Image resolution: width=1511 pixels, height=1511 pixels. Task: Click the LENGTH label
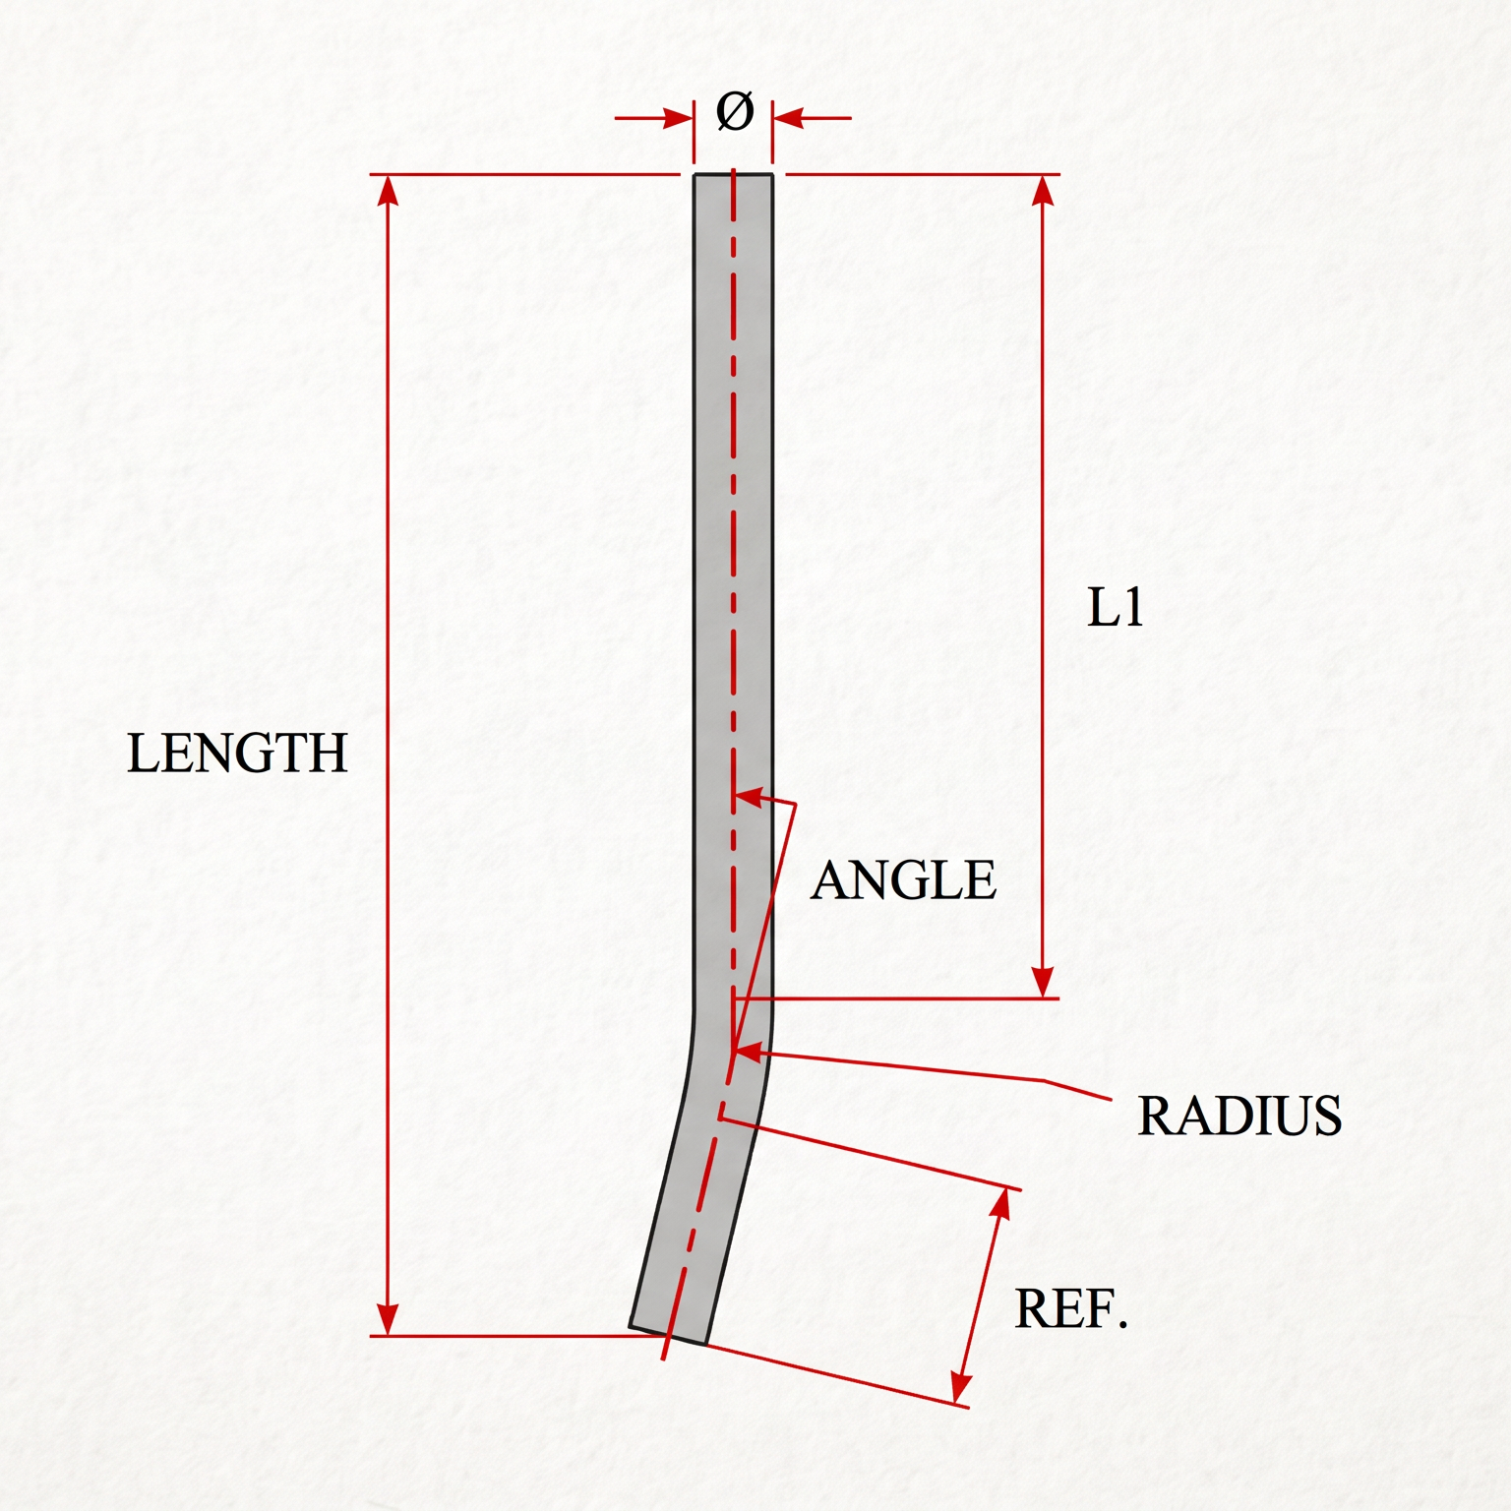click(x=237, y=754)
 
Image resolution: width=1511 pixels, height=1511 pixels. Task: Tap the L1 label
click(x=1116, y=608)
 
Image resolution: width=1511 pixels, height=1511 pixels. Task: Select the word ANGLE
click(x=903, y=879)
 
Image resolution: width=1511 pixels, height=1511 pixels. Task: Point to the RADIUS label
click(x=1239, y=1116)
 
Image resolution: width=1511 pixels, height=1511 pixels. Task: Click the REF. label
click(x=1070, y=1309)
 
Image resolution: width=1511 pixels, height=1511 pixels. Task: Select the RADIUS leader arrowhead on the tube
click(x=749, y=1053)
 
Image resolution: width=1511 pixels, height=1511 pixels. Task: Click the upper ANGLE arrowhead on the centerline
click(x=750, y=797)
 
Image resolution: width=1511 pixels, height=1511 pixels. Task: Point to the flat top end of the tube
click(x=733, y=175)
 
